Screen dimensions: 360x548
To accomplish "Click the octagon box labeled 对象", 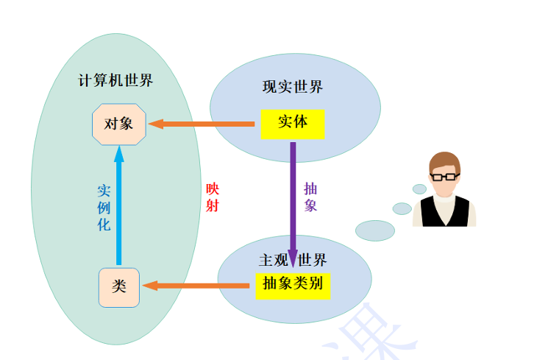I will [x=119, y=124].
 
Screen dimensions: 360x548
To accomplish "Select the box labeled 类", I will [x=118, y=287].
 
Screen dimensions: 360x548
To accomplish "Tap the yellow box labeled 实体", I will [x=292, y=123].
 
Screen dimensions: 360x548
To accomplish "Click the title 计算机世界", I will [x=115, y=81].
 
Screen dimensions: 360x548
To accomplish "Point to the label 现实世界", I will [x=293, y=87].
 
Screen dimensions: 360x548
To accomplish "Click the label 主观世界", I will [x=292, y=260].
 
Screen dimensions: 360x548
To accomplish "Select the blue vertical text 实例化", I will [x=104, y=208].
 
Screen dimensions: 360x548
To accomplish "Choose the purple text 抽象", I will [x=310, y=197].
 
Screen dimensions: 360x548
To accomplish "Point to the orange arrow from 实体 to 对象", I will [x=202, y=124].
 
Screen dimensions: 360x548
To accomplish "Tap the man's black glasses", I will [x=444, y=177].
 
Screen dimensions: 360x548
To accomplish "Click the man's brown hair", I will [x=445, y=161].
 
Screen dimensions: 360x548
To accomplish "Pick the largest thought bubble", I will [x=375, y=230].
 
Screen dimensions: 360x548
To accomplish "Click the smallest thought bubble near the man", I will [x=419, y=188].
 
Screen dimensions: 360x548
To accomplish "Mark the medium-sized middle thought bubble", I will [x=402, y=208].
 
